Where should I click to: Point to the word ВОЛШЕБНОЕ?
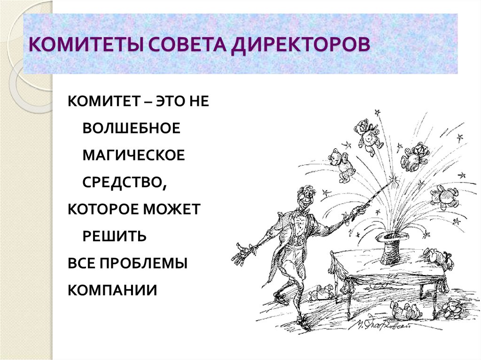132,129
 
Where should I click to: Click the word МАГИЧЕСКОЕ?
134,155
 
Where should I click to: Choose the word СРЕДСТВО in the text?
123,182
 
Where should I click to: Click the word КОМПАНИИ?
112,290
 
